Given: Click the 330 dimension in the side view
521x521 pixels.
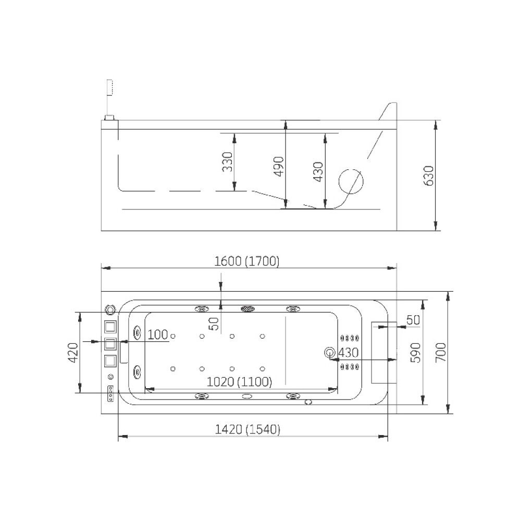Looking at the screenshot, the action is [228, 162].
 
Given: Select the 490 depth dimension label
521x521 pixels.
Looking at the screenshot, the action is [279, 166].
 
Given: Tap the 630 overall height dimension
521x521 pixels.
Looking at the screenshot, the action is [429, 176].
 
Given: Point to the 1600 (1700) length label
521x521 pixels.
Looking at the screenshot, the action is [247, 262].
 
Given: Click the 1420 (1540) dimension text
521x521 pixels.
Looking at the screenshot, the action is [247, 429].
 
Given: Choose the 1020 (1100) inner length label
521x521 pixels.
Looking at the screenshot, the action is [239, 381].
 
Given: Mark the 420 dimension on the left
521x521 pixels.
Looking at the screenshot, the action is [73, 353].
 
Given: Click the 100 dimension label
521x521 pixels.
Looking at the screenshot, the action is [157, 334].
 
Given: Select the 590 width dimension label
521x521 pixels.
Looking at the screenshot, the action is [415, 353].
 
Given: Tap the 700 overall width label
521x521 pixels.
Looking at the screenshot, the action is [441, 353].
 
